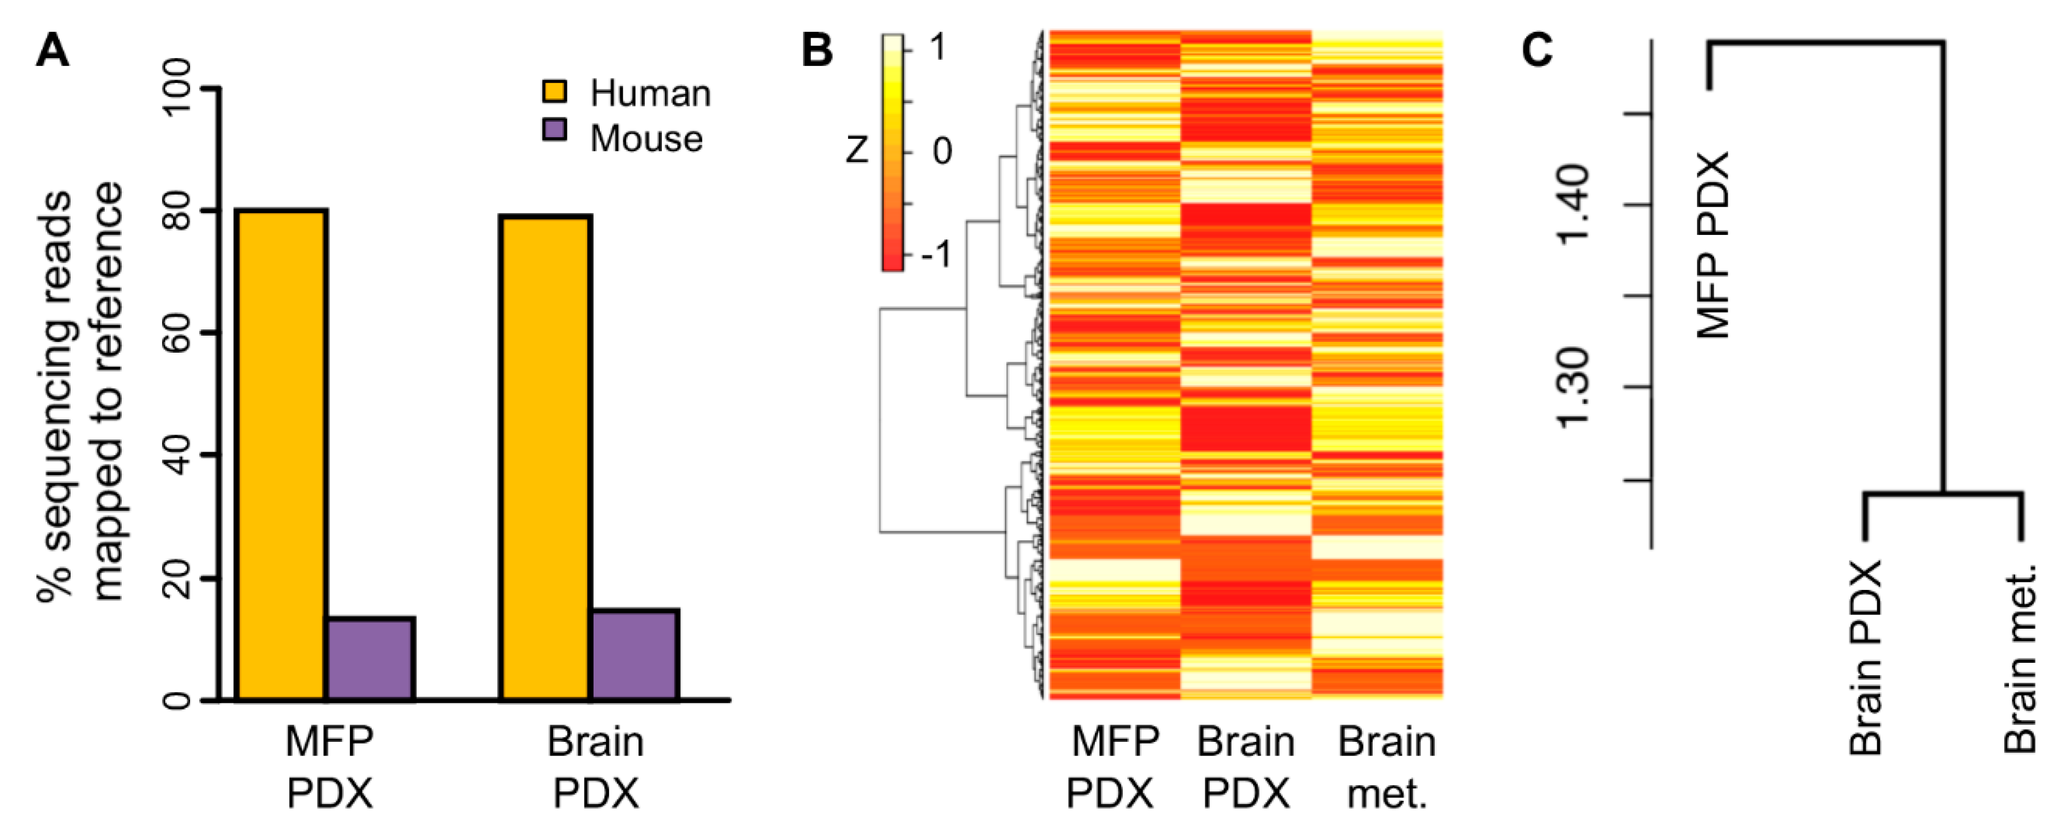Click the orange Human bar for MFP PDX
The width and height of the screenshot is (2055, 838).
click(x=281, y=455)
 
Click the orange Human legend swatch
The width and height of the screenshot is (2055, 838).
click(x=554, y=91)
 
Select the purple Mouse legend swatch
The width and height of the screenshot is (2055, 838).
click(x=554, y=130)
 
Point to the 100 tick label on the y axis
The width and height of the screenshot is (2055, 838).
click(x=182, y=89)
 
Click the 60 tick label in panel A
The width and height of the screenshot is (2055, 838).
click(x=182, y=333)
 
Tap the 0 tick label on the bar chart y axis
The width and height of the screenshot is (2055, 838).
click(x=182, y=700)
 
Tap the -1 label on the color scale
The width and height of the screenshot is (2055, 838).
click(x=935, y=255)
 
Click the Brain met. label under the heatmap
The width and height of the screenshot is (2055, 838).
click(x=1386, y=767)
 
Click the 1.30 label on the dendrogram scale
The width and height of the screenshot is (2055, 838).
click(x=1573, y=387)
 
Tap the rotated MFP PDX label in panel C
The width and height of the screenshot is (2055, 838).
click(x=1712, y=246)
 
